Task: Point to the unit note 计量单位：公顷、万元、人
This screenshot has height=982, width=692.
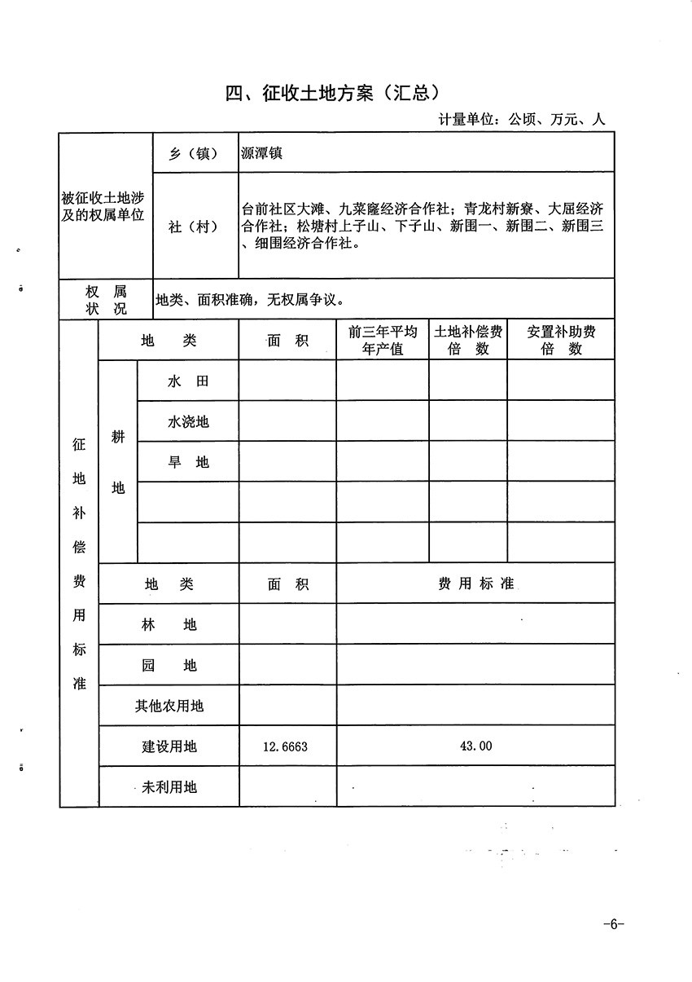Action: point(522,119)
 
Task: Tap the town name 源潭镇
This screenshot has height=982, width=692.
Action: point(261,152)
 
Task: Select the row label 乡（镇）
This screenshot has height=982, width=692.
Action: point(193,153)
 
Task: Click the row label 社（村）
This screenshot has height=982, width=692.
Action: point(193,227)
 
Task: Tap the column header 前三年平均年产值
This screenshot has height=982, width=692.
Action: point(383,341)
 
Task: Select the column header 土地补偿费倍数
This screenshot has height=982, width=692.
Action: point(467,341)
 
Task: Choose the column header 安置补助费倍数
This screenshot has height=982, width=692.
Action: point(561,341)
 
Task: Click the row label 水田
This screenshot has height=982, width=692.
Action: point(188,381)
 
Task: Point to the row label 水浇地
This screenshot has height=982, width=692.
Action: point(188,421)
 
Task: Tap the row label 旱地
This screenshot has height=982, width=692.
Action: point(188,462)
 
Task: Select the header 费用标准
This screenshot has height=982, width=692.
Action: point(475,584)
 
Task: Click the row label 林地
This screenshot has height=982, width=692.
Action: point(169,625)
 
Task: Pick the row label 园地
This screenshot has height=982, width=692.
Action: point(169,665)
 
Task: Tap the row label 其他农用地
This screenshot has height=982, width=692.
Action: point(169,706)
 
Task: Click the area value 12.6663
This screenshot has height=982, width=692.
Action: point(286,746)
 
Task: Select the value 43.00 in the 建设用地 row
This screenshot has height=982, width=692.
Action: point(475,746)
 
